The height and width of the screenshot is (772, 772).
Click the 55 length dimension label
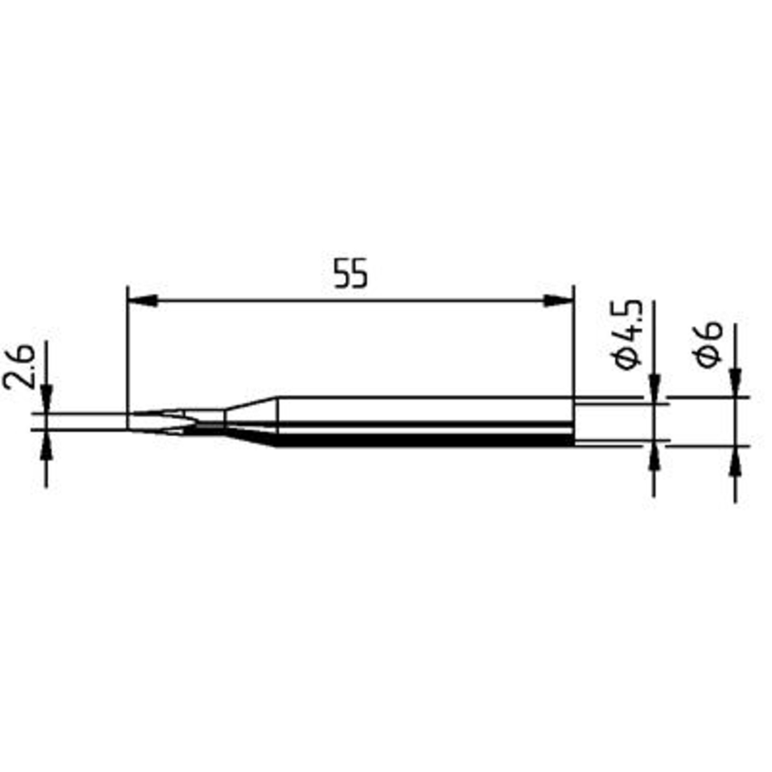coord(351,273)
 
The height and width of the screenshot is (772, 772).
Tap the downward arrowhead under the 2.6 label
coord(47,398)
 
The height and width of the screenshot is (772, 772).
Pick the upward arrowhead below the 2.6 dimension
coord(47,445)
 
